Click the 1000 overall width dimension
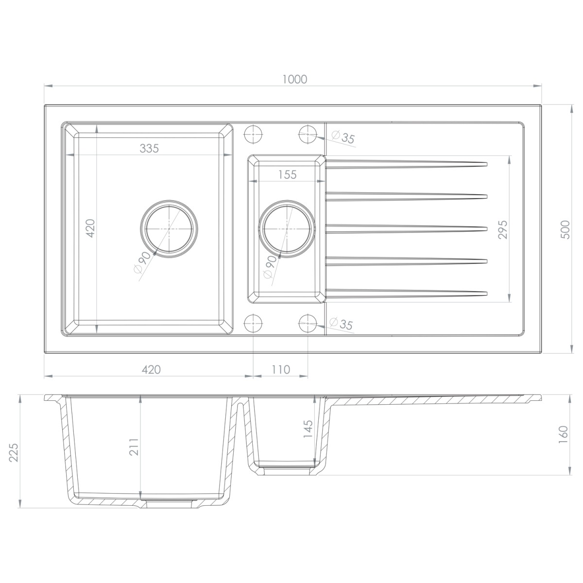(295, 79)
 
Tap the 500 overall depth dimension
(565, 230)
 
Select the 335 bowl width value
(149, 148)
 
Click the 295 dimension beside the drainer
(502, 230)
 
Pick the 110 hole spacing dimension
(281, 369)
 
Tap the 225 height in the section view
(14, 453)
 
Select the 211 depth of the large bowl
(134, 447)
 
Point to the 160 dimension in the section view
(564, 435)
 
